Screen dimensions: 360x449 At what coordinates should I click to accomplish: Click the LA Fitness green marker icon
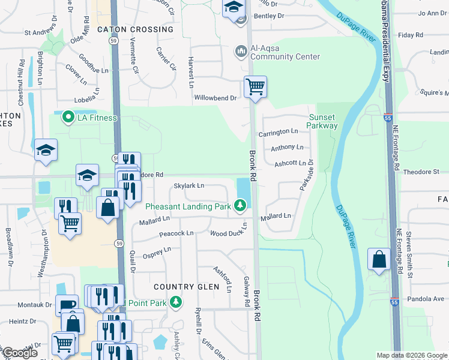pyautogui.click(x=68, y=117)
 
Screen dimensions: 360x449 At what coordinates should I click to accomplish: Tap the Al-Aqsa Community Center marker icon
pyautogui.click(x=241, y=51)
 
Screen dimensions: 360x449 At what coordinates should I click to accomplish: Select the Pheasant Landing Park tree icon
pyautogui.click(x=240, y=206)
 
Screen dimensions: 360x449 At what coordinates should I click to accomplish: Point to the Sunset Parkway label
pyautogui.click(x=322, y=121)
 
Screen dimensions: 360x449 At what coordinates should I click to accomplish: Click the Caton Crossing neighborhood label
pyautogui.click(x=135, y=29)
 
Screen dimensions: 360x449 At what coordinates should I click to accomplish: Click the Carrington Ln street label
pyautogui.click(x=279, y=131)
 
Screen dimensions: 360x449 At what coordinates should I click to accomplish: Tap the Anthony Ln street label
pyautogui.click(x=287, y=147)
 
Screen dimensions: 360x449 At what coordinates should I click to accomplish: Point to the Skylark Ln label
pyautogui.click(x=189, y=186)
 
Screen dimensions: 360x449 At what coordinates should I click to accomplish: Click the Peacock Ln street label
pyautogui.click(x=177, y=233)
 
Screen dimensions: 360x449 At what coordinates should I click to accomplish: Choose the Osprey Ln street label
pyautogui.click(x=157, y=252)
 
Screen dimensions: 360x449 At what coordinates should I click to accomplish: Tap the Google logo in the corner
pyautogui.click(x=20, y=353)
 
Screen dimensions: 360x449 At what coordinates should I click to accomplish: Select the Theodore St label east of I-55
pyautogui.click(x=421, y=172)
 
